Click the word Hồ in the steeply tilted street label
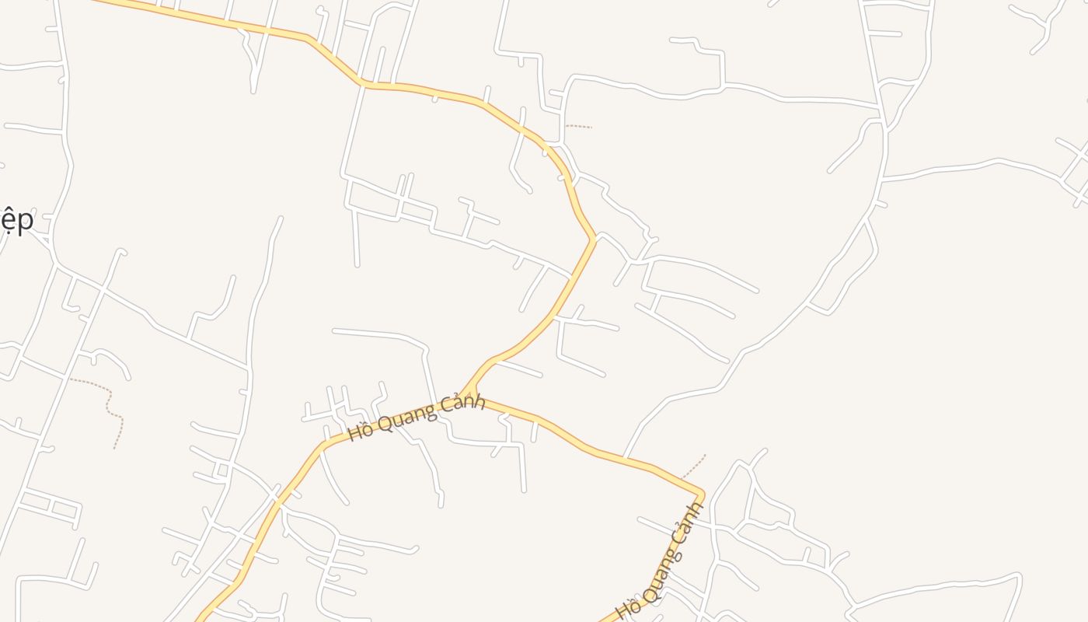tap(627, 606)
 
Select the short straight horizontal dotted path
tap(579, 126)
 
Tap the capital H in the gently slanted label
tap(354, 432)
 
